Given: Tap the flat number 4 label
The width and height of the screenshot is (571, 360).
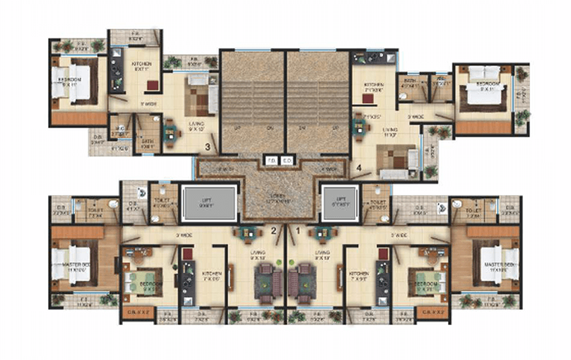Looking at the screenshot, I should (x=359, y=166).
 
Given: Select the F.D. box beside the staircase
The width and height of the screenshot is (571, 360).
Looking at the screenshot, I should (x=271, y=162).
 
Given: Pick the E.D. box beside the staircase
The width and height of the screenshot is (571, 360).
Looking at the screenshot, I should (x=287, y=162).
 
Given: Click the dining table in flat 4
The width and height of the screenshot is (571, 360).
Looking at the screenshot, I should (x=360, y=125).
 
